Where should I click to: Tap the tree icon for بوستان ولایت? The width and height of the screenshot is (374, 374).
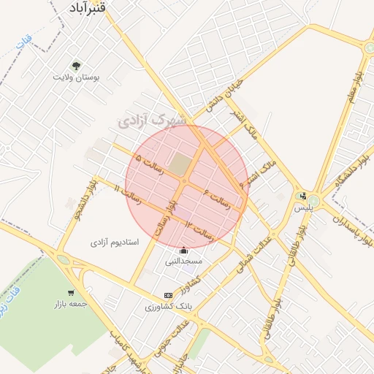pos(76,65)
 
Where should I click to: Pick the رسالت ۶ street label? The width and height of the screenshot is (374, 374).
pos(218,199)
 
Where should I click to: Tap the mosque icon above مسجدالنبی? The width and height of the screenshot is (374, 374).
pos(183,251)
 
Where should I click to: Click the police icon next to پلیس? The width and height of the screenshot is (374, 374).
pos(303,196)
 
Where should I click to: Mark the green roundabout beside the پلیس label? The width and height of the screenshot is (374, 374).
pos(314,199)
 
